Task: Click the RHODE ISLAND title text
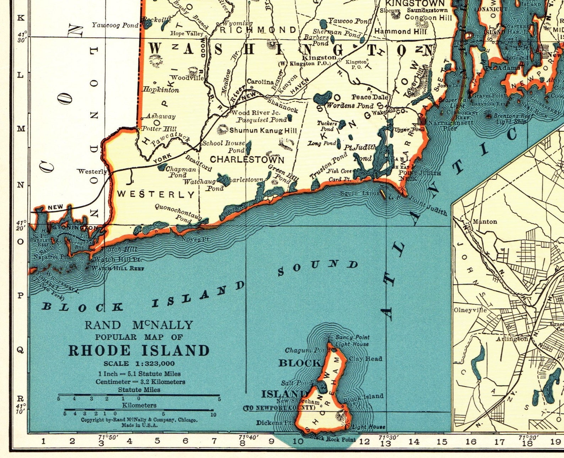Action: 139,351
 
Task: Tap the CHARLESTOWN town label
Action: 247,160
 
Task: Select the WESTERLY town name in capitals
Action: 156,194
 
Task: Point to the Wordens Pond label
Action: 349,106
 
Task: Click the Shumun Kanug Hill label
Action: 263,131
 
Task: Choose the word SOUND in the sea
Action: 318,268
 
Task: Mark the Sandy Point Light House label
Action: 352,340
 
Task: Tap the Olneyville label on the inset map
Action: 470,310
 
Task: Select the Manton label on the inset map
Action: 485,222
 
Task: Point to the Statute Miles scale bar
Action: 139,395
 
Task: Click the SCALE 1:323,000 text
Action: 139,363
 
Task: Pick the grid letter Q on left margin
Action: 21,350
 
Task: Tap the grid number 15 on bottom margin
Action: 442,442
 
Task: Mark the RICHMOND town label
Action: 258,30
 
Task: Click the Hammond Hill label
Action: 400,32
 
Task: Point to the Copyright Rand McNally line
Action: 139,420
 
